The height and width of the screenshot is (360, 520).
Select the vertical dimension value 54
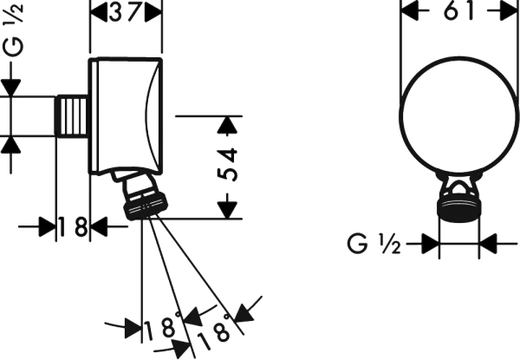click(228, 165)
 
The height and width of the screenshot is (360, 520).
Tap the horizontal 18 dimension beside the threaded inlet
click(73, 226)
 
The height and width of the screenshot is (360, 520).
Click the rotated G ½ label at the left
click(13, 29)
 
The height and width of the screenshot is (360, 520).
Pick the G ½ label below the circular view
click(374, 244)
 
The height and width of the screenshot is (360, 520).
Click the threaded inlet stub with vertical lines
click(72, 116)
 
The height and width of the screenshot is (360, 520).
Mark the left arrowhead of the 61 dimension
click(410, 11)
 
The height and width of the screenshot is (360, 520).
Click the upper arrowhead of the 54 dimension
click(227, 125)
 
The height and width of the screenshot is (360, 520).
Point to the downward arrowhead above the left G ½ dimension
click(10, 88)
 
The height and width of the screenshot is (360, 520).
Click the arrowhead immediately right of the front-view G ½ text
click(431, 244)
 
